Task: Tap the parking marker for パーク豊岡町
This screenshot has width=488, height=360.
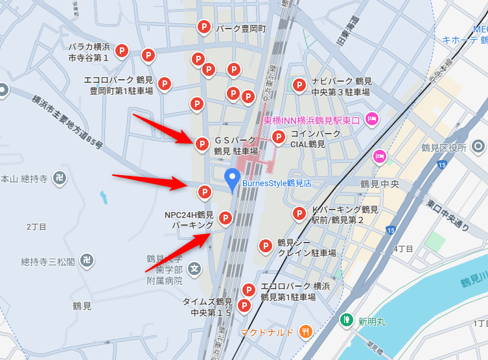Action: point(203,27)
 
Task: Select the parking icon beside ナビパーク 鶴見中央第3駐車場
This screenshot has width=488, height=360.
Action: point(299,84)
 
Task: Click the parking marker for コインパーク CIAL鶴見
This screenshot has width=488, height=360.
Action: point(279,137)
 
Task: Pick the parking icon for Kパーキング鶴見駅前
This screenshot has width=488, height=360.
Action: point(299,213)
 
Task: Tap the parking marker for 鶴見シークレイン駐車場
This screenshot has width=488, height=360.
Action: point(265,246)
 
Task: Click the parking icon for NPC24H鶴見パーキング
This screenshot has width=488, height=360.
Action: point(225,218)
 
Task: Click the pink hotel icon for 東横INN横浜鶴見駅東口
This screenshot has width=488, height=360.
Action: point(372,119)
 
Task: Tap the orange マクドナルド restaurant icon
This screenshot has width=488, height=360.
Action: point(306,332)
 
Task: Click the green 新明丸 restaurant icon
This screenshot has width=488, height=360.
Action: point(347,320)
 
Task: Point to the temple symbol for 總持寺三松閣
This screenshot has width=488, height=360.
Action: point(87,261)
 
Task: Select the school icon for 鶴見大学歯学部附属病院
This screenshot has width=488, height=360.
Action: point(194,268)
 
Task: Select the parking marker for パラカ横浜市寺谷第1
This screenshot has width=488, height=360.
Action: point(121,51)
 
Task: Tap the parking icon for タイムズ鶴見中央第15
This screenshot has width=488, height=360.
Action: point(244,305)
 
